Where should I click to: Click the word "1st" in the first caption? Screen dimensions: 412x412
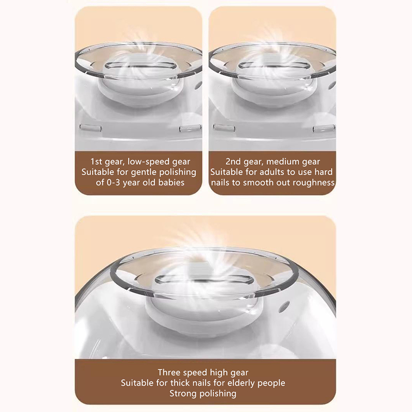[96, 161]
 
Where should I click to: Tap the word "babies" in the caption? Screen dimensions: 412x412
[171, 182]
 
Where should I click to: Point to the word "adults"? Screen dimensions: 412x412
[272, 172]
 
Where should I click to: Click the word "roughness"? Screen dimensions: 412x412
[314, 183]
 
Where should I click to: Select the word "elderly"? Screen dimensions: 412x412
[241, 383]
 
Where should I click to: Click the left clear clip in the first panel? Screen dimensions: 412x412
[90, 127]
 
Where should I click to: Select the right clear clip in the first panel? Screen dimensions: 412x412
[190, 129]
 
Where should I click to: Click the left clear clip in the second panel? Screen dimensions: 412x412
[224, 127]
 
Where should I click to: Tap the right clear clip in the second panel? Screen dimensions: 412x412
[324, 129]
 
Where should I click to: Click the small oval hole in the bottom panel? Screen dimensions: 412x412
[284, 306]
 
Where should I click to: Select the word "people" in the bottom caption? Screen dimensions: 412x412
[271, 383]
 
